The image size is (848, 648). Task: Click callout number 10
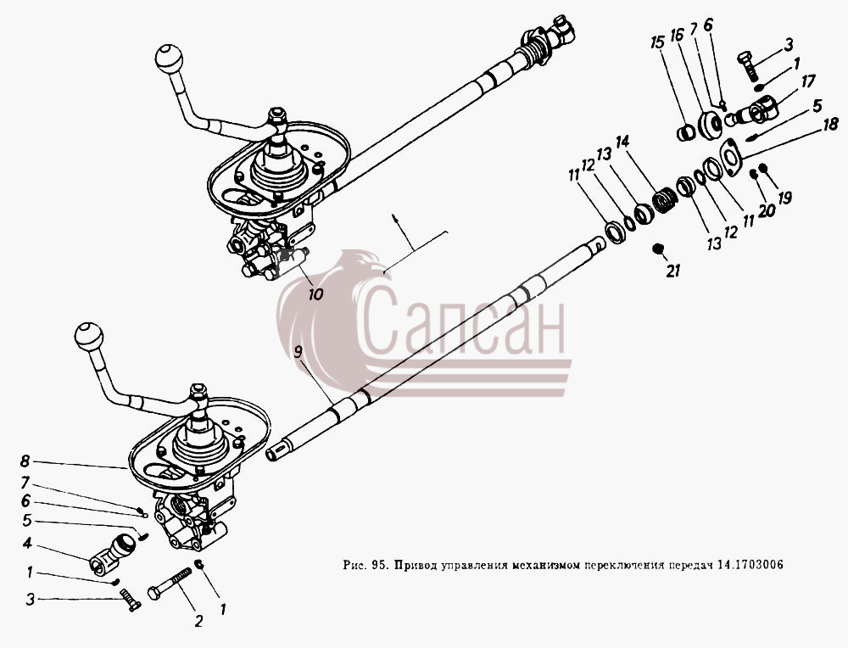point(315,294)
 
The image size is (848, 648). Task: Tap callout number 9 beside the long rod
point(298,352)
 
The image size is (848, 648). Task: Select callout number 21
point(672,271)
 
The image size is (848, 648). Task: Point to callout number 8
point(25,461)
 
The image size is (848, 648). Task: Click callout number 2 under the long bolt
point(198,621)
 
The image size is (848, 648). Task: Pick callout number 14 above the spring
point(622,142)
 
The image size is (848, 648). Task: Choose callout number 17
point(807,82)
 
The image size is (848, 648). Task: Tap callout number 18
point(830,124)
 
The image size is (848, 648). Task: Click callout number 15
point(658,42)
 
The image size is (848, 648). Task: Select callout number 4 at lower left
point(27,543)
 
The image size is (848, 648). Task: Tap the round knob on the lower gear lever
point(89,337)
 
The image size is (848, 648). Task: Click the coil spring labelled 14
point(663,201)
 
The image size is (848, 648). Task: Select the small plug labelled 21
point(658,249)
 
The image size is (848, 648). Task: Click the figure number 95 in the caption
point(377,565)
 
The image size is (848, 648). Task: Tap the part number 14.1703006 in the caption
point(750,565)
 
